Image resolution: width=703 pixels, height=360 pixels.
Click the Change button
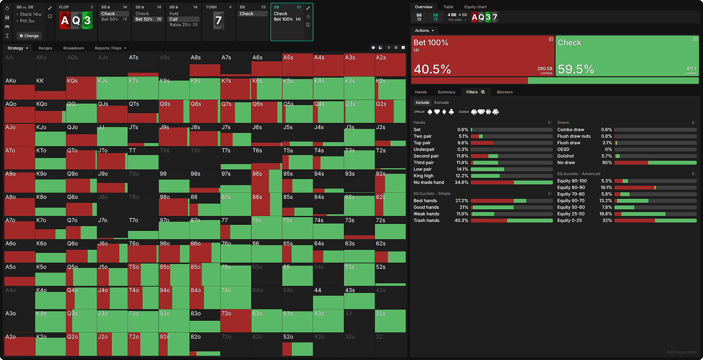tap(29, 36)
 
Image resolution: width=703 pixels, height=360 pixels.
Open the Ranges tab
tap(45, 48)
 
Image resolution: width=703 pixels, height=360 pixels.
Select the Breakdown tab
tap(73, 48)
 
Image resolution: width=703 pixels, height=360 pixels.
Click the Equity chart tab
tap(475, 7)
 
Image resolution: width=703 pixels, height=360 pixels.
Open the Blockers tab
tap(504, 92)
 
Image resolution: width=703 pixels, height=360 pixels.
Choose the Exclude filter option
tap(441, 102)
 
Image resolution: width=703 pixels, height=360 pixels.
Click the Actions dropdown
tap(424, 30)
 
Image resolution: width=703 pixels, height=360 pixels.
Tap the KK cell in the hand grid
tap(50, 88)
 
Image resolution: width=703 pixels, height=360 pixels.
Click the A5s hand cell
tap(297, 65)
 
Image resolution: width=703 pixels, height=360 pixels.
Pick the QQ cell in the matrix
tap(81, 111)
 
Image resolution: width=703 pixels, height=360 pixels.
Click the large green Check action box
tap(627, 56)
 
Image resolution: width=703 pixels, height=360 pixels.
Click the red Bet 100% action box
tap(482, 56)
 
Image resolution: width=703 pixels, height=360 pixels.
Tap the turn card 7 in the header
tap(218, 20)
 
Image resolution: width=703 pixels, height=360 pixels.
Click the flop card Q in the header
tap(76, 20)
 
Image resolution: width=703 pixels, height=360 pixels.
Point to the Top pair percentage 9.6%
tap(463, 143)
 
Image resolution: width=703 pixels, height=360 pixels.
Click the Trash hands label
tap(426, 221)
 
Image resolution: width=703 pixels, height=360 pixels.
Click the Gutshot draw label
tap(565, 156)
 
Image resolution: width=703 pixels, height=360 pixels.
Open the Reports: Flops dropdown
tap(110, 48)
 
